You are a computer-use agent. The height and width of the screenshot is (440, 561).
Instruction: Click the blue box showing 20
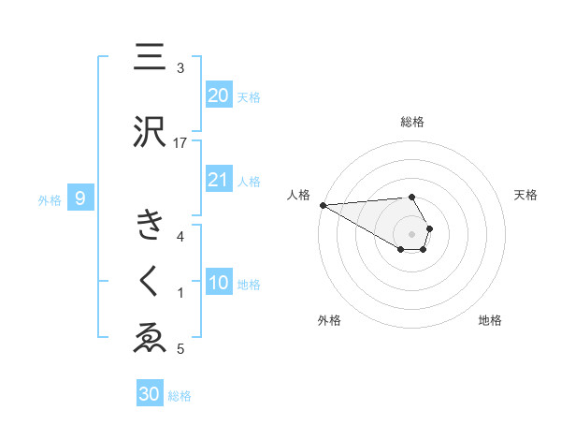[x=218, y=95]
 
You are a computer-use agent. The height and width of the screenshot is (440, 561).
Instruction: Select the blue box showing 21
[x=218, y=180]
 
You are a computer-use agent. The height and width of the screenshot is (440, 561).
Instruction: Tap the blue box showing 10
[x=218, y=284]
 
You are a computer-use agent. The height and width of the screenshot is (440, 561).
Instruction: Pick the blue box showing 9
[x=81, y=198]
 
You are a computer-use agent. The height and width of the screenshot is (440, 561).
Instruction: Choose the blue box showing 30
[x=150, y=394]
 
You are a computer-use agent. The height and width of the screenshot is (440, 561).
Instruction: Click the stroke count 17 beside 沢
[x=180, y=142]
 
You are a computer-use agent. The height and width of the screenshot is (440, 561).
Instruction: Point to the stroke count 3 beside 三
[x=180, y=68]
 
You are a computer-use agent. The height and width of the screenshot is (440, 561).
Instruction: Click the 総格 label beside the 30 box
[x=180, y=396]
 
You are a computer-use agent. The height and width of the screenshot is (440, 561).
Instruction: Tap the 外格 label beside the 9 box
[x=50, y=199]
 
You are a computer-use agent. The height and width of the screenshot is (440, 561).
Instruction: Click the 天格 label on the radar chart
[x=525, y=195]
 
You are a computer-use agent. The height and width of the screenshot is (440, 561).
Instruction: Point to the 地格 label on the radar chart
[x=490, y=320]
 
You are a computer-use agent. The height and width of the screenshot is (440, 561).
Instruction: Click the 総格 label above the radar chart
[x=412, y=122]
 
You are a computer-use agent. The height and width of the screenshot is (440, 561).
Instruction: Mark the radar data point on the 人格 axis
[x=323, y=205]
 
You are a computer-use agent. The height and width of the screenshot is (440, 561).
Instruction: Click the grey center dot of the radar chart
[x=412, y=233]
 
